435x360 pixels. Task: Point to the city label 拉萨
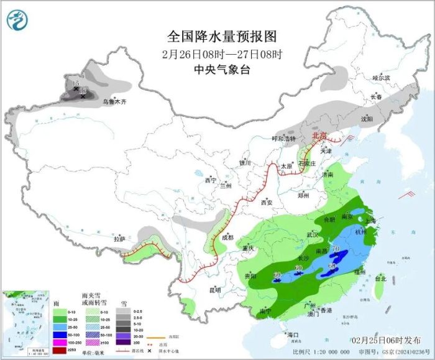pyautogui.click(x=119, y=239)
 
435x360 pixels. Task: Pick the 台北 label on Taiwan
pyautogui.click(x=380, y=279)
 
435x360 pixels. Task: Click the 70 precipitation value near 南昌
pyautogui.click(x=336, y=250)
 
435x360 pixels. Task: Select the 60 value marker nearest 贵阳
pyautogui.click(x=277, y=274)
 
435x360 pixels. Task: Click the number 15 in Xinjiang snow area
pyautogui.click(x=76, y=83)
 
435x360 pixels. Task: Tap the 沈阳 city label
pyautogui.click(x=367, y=118)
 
